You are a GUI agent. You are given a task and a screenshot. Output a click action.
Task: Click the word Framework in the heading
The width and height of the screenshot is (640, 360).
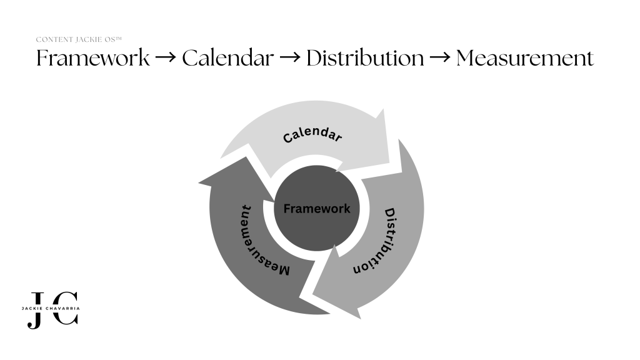93,57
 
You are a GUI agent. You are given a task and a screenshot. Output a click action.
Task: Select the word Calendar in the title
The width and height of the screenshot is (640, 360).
227,57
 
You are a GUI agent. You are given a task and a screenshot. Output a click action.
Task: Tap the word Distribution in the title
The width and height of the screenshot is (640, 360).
365,57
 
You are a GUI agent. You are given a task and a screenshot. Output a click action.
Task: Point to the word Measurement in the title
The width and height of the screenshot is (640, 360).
525,57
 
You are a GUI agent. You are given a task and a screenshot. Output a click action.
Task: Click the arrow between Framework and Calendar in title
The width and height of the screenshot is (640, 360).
166,57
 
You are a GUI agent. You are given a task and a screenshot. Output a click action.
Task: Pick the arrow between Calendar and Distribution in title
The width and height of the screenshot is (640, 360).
290,57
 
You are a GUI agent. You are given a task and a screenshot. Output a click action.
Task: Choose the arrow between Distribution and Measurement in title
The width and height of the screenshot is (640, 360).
440,57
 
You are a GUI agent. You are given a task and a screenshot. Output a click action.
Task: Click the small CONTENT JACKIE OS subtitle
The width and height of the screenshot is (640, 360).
79,39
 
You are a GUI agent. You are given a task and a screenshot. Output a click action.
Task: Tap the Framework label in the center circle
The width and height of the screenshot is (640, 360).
317,209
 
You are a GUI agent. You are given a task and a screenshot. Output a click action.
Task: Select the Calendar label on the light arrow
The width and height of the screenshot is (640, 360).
312,134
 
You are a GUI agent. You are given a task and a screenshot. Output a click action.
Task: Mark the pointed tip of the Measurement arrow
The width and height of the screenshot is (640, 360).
199,183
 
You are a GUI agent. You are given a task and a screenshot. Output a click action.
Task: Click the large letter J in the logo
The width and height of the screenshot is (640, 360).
36,311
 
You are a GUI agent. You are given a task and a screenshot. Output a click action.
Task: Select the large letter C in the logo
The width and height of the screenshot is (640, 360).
65,308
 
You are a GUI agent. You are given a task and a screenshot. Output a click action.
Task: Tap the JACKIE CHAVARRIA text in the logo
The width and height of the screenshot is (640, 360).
51,309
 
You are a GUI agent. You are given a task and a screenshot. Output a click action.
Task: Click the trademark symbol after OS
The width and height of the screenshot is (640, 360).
119,38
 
